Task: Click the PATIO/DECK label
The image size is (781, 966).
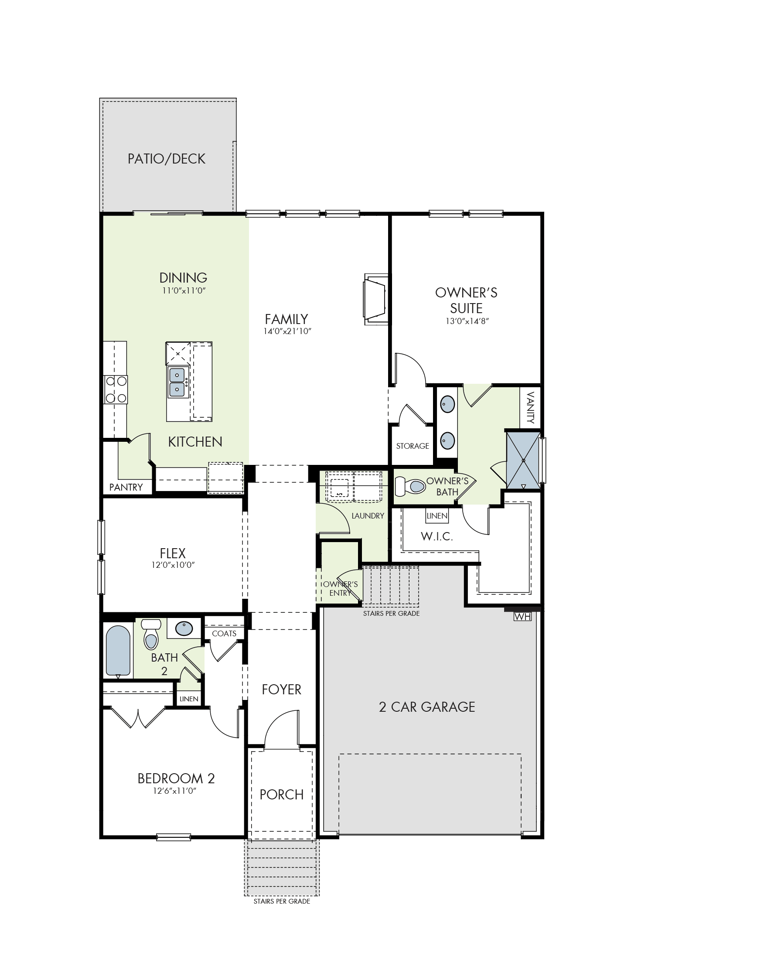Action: (x=167, y=159)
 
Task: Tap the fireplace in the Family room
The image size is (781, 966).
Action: (x=375, y=299)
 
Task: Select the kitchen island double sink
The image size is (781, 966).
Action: (x=177, y=382)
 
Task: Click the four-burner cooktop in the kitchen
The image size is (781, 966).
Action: (x=116, y=389)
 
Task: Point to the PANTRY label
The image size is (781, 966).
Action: (x=126, y=487)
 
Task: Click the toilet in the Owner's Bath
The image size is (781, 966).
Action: (x=410, y=486)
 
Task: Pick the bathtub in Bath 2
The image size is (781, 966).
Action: (x=118, y=651)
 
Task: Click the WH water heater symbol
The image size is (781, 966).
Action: (x=522, y=617)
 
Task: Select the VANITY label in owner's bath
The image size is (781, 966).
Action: (x=530, y=408)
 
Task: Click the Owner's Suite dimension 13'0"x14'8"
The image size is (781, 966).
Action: (x=467, y=321)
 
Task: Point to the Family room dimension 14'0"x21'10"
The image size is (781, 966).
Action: (x=287, y=331)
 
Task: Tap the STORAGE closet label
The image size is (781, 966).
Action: (x=413, y=446)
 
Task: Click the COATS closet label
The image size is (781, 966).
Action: (x=224, y=634)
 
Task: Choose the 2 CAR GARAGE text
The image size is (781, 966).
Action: (x=427, y=707)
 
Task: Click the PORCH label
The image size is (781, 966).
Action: (x=282, y=795)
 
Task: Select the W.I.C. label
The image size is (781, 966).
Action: (x=437, y=536)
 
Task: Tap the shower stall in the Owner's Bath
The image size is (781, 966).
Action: (x=523, y=460)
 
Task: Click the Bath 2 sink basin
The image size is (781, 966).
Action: (x=184, y=628)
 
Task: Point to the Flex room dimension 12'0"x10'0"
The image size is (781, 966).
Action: (x=173, y=565)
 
